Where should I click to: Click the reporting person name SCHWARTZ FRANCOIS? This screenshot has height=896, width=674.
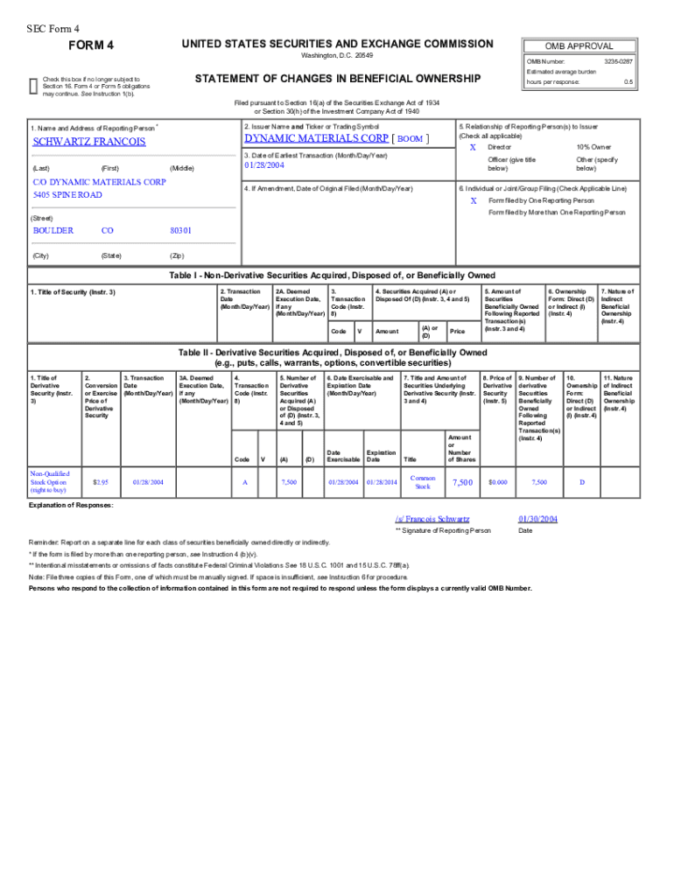pos(88,142)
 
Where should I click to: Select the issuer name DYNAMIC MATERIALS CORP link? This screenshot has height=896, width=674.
pos(317,138)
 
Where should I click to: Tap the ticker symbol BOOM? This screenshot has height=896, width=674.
pos(410,139)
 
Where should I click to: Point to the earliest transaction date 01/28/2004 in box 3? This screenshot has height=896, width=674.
pos(264,165)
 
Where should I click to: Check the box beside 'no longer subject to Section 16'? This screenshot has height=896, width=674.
pos(33,84)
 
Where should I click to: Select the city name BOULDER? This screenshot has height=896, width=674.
pos(53,231)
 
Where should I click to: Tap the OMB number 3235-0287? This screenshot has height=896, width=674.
pos(618,61)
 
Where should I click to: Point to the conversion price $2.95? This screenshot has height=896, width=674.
pos(100,481)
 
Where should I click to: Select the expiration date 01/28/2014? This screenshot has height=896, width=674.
pos(382,481)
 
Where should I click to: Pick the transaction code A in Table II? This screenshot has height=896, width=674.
pos(244,481)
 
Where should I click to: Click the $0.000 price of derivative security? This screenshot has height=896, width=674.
pos(497,481)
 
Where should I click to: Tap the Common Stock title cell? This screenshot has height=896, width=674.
pos(423,481)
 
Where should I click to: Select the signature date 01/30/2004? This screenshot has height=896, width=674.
pos(537,519)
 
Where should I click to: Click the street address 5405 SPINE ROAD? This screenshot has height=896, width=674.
pos(67,194)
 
